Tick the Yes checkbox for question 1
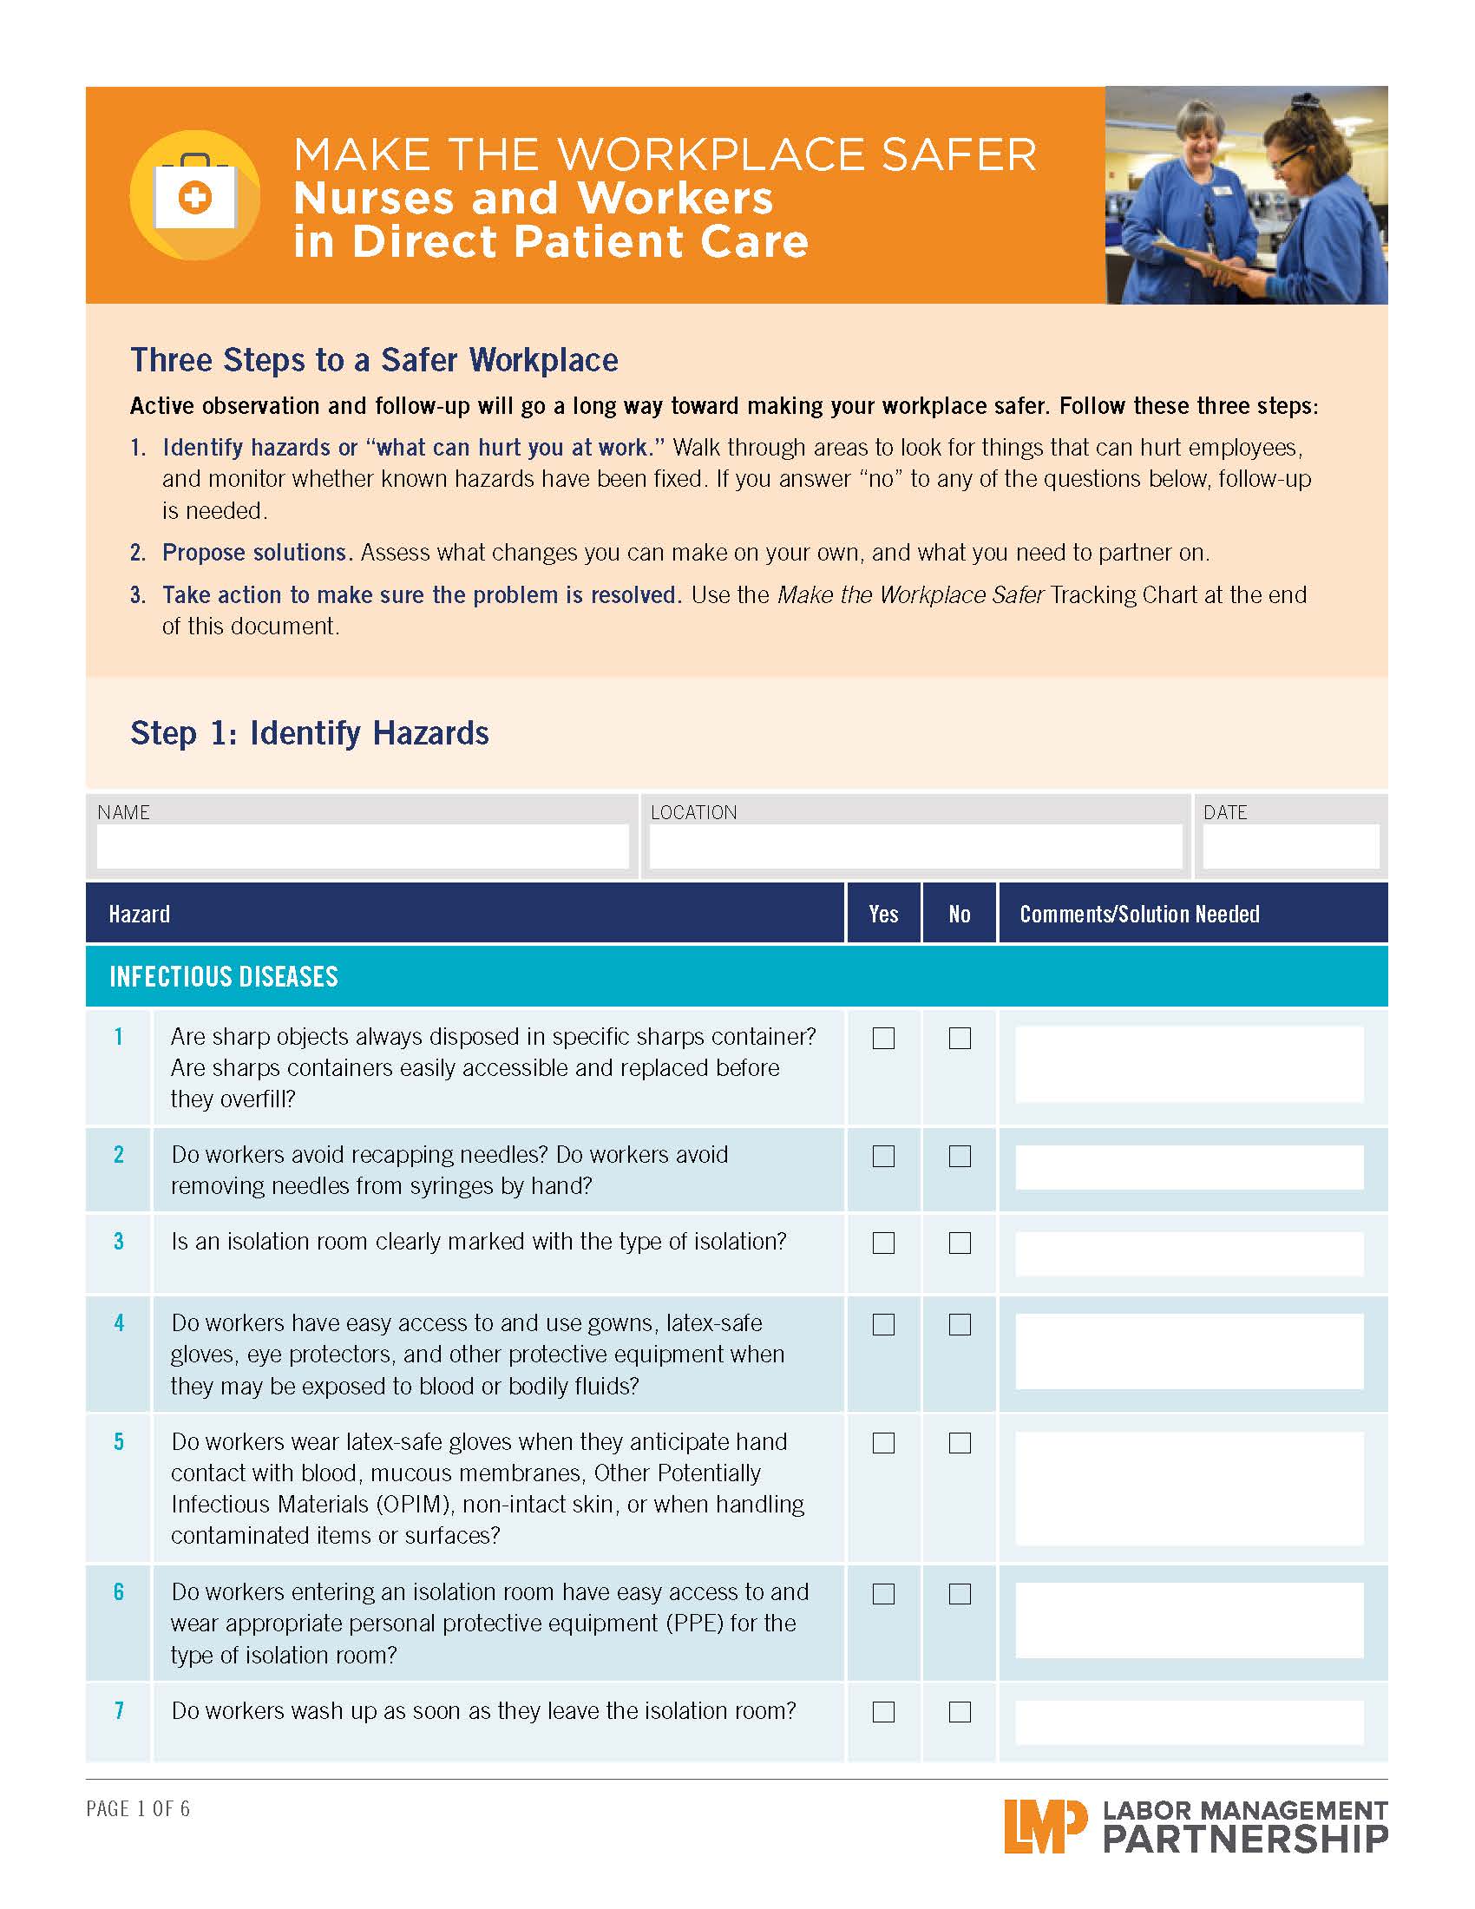pyautogui.click(x=883, y=1038)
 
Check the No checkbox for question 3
pyautogui.click(x=960, y=1242)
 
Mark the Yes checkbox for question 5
pyautogui.click(x=883, y=1442)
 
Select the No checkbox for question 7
pyautogui.click(x=960, y=1711)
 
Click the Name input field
pyautogui.click(x=362, y=845)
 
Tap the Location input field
pyautogui.click(x=914, y=845)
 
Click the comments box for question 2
pyautogui.click(x=1189, y=1167)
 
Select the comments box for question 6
pyautogui.click(x=1189, y=1620)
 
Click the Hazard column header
pyautogui.click(x=140, y=915)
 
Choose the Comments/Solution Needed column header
pyautogui.click(x=1138, y=915)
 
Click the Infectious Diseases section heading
pyautogui.click(x=224, y=976)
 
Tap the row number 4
pyautogui.click(x=119, y=1322)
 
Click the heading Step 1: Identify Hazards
pyautogui.click(x=310, y=732)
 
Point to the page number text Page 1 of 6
pyautogui.click(x=138, y=1808)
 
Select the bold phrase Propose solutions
pyautogui.click(x=256, y=553)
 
